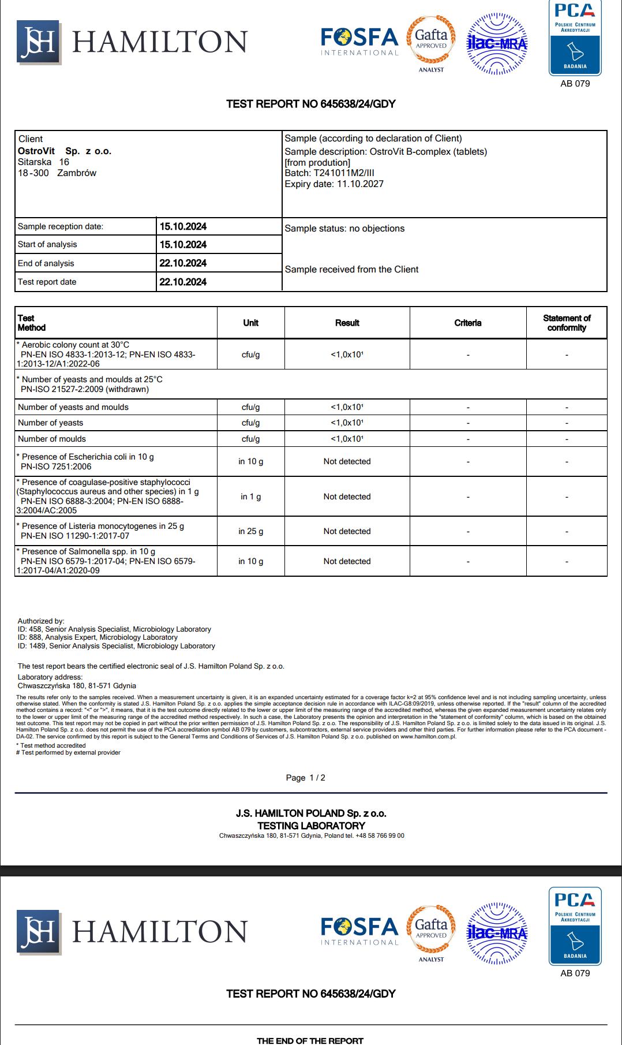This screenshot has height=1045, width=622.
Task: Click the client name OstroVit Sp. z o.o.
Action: [65, 151]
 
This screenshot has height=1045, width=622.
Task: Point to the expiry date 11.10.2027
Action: [358, 184]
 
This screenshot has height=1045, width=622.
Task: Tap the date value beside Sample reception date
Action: [183, 226]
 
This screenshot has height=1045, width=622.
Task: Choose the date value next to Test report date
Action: [183, 282]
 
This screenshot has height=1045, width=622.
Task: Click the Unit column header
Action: [250, 323]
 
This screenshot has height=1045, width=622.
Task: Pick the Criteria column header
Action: [467, 323]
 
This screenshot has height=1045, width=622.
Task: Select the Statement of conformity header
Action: [567, 323]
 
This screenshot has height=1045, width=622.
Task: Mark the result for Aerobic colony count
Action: [347, 354]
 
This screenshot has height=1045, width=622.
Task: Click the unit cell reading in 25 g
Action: [250, 531]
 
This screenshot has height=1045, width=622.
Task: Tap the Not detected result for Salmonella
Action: [347, 561]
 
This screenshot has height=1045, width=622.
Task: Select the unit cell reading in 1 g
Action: [250, 497]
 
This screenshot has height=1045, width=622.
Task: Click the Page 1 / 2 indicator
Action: [305, 778]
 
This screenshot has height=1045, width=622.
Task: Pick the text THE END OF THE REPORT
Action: [310, 1040]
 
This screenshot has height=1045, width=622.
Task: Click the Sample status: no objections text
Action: [344, 229]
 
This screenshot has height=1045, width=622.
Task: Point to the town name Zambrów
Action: [77, 173]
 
